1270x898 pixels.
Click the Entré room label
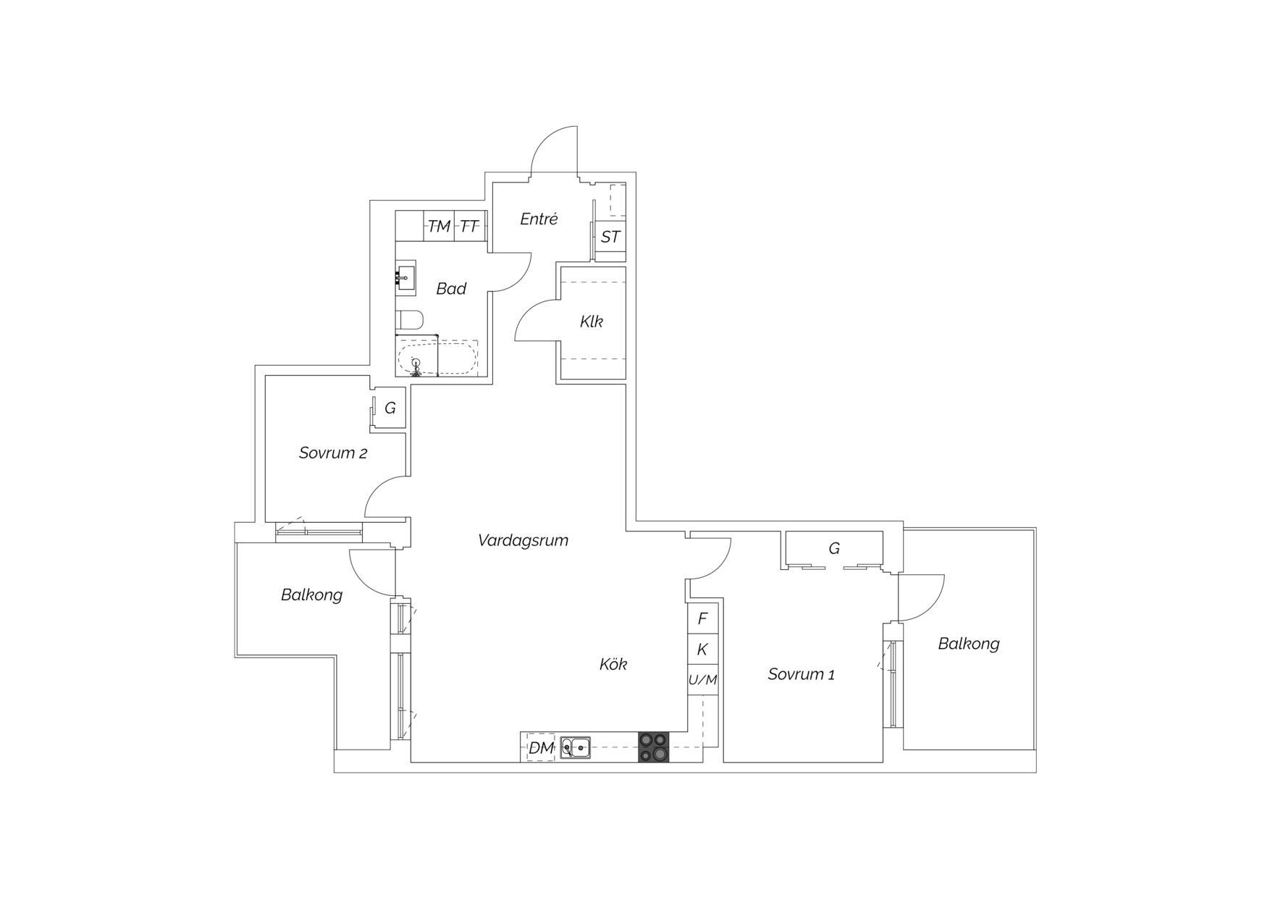539,219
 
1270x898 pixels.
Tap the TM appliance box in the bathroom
439,226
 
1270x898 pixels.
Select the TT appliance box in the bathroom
469,226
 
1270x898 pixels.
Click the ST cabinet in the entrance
610,236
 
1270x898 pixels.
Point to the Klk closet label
592,322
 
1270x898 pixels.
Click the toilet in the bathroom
409,320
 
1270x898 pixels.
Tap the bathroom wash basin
406,277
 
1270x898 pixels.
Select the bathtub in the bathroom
437,358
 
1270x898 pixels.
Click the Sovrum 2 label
333,453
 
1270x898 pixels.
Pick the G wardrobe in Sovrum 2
389,408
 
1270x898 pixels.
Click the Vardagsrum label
523,540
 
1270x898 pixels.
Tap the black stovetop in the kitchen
654,747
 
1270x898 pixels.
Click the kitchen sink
576,747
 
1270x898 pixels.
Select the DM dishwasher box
541,747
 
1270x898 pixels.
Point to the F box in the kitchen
702,618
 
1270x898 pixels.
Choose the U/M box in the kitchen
702,680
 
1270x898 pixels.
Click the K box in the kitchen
702,650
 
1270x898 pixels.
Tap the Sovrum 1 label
801,674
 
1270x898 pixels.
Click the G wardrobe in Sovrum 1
834,549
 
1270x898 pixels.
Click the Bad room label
451,289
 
